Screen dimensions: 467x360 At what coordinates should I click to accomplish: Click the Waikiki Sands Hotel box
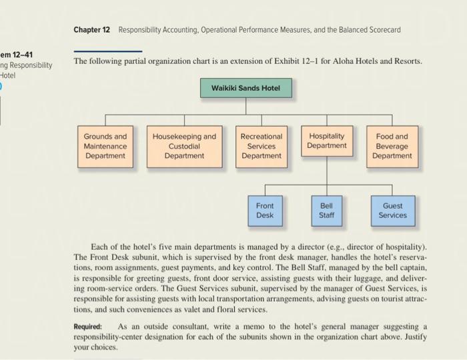tap(246, 88)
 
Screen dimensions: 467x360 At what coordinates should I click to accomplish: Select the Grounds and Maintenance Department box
tap(105, 145)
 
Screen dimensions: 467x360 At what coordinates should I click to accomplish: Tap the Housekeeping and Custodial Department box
tap(184, 145)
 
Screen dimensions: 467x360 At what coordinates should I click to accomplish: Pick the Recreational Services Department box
tap(261, 145)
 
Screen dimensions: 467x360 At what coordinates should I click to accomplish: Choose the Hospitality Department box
tap(326, 141)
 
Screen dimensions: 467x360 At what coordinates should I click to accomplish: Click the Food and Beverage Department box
tap(392, 145)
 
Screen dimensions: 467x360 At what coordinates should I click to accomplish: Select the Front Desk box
tap(265, 210)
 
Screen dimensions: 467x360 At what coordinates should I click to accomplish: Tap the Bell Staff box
tap(326, 210)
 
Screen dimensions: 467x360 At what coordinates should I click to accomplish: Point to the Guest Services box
tap(392, 210)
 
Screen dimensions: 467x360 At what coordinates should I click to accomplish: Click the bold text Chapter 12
tap(91, 30)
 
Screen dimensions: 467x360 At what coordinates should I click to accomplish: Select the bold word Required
tap(88, 326)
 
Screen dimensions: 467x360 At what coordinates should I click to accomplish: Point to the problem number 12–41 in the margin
tap(18, 54)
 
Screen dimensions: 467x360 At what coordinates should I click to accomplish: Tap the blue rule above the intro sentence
tap(107, 51)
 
